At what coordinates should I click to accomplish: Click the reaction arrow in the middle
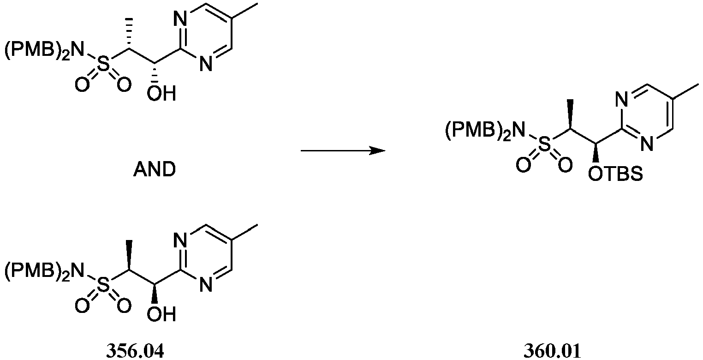click(x=343, y=151)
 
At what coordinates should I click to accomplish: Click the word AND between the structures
click(x=155, y=170)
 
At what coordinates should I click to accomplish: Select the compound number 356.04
click(x=135, y=351)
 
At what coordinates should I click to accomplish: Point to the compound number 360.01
click(x=552, y=351)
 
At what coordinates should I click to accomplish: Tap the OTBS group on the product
click(x=615, y=174)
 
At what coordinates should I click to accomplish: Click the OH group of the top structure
click(x=161, y=93)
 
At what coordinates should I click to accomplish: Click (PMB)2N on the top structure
click(x=44, y=50)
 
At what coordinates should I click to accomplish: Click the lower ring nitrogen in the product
click(x=647, y=144)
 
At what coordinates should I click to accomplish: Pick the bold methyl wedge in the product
click(x=570, y=114)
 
